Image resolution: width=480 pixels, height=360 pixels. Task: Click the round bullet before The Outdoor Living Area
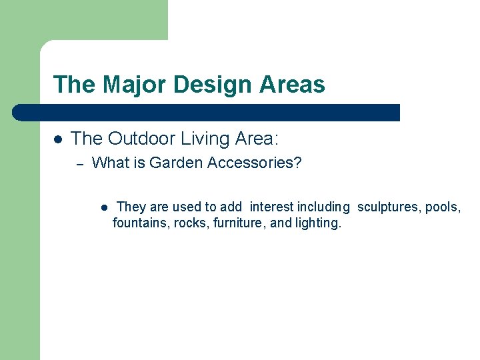58,139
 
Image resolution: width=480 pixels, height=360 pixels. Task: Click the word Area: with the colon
257,139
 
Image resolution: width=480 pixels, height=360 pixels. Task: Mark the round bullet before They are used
105,207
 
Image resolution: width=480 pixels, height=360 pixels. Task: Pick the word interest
272,207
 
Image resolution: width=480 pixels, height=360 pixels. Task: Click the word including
323,207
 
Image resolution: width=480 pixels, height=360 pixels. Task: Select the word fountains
141,223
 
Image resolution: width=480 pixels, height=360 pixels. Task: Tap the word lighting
318,223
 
